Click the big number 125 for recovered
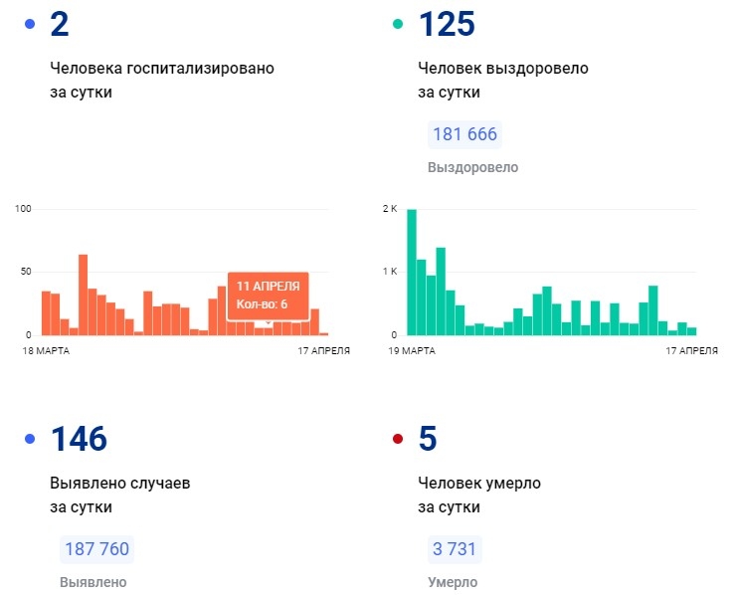point(448,25)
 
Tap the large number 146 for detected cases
point(79,439)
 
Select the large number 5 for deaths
point(429,439)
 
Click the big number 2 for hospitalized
point(60,25)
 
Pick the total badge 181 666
point(464,134)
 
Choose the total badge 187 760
point(96,549)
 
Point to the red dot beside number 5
point(399,439)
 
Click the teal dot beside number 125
point(399,24)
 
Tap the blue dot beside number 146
point(30,439)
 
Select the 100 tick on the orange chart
point(24,208)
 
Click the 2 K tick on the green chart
point(390,208)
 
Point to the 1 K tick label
point(390,272)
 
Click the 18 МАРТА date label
point(47,350)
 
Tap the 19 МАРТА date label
point(412,350)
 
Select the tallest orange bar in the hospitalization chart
point(84,295)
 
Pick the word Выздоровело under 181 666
point(472,167)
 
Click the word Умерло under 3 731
point(453,582)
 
